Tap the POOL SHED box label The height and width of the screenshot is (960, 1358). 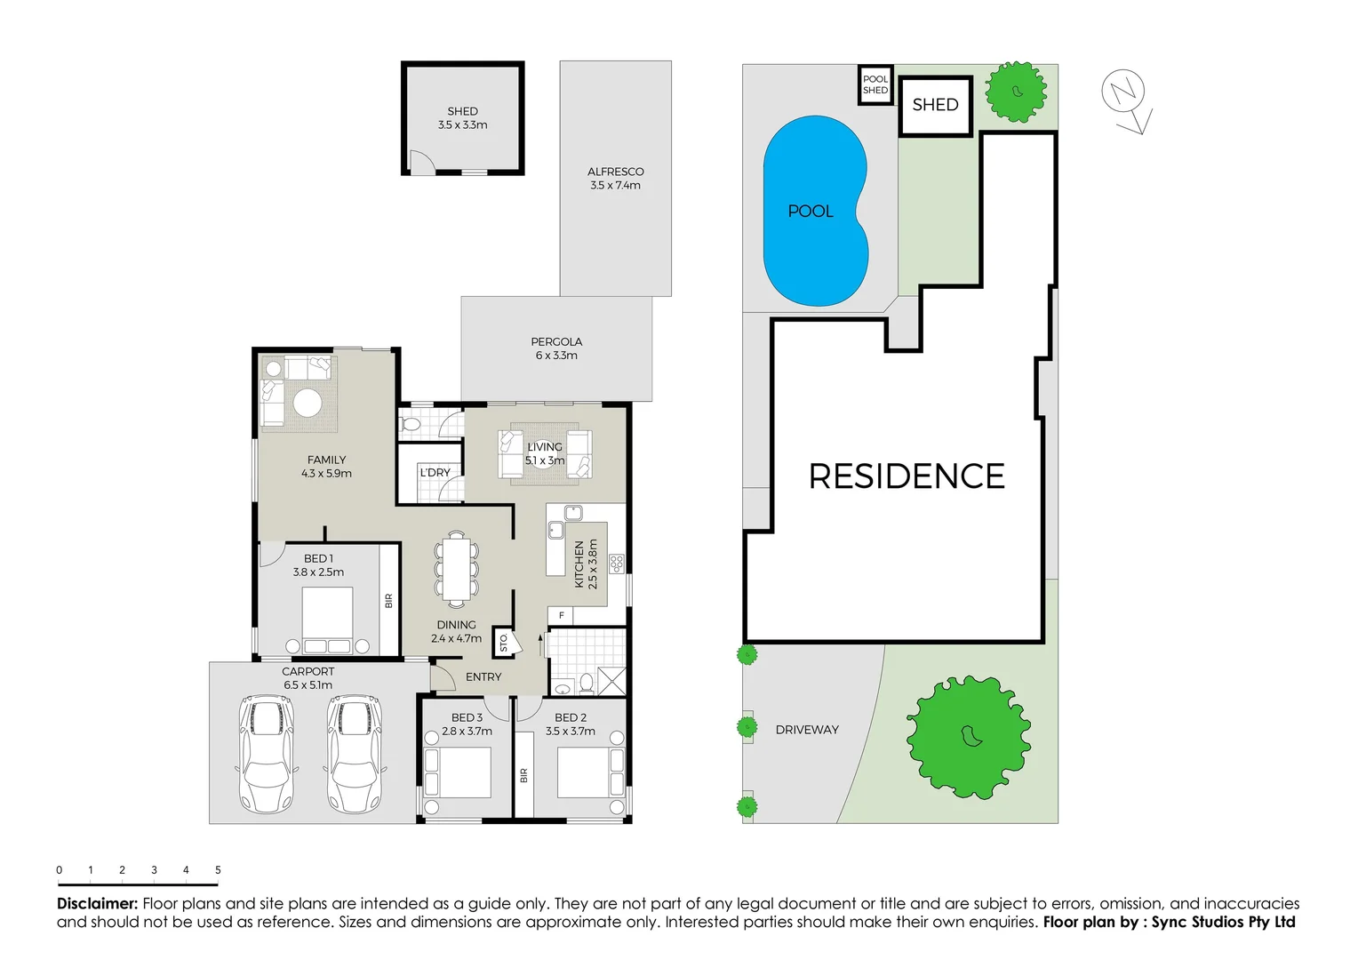coord(875,84)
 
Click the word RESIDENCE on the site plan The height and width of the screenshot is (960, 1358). coord(907,476)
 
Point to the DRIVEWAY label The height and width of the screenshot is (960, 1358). coord(807,730)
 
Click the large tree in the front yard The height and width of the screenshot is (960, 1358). coord(969,737)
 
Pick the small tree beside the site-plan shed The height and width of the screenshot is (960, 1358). coord(1017,91)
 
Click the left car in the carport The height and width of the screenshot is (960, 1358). coord(266,754)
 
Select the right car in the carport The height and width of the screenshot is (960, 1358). coord(355,754)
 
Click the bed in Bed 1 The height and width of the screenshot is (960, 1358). coord(327,620)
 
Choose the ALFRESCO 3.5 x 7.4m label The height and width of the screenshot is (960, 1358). coord(615,179)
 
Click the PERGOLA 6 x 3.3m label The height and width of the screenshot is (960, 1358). coord(556,348)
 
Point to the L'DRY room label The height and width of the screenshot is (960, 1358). coord(435,473)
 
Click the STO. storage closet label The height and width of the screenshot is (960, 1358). coord(503,642)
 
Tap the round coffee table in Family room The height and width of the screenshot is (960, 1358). coord(308,403)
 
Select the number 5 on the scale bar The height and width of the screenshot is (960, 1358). coord(218,870)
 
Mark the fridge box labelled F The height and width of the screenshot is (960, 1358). coord(561,615)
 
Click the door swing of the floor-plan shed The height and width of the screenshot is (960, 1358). coord(419,162)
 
